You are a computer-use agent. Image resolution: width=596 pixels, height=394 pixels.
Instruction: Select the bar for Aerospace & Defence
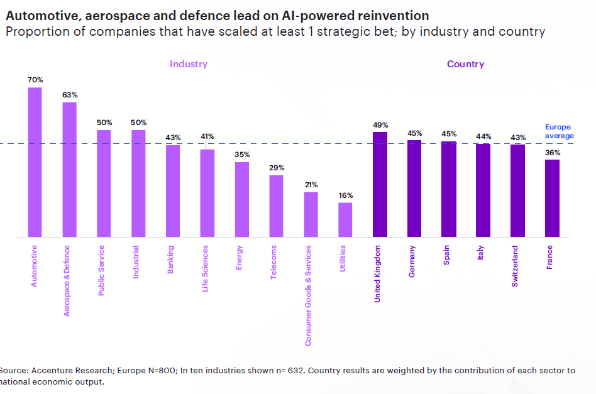tap(69, 170)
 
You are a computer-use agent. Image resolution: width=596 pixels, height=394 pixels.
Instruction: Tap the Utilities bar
tap(345, 220)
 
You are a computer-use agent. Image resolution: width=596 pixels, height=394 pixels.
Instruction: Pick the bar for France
tap(552, 199)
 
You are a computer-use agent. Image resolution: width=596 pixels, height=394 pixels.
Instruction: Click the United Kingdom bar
tap(380, 185)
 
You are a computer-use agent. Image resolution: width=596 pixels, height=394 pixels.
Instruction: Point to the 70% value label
tap(35, 80)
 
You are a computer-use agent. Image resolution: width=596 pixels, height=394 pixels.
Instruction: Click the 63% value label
tap(69, 95)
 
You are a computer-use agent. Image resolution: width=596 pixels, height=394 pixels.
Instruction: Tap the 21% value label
tap(311, 185)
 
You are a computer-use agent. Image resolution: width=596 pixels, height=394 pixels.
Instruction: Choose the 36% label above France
tap(553, 153)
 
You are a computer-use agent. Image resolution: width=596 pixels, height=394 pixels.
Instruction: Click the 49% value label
tap(380, 125)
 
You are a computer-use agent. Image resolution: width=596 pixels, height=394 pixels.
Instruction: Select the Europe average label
tap(559, 131)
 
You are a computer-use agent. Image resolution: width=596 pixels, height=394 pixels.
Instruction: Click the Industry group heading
tap(188, 64)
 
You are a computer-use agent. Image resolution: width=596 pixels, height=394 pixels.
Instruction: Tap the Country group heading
tap(465, 64)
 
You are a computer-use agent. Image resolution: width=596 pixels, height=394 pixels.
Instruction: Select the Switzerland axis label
tap(515, 266)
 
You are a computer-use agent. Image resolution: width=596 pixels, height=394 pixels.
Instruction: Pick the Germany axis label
tap(412, 261)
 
